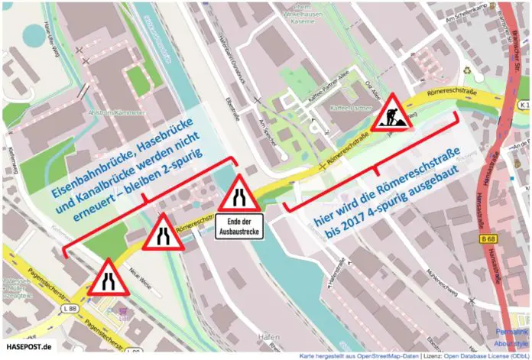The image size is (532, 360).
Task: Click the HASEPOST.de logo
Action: pyautogui.click(x=28, y=348)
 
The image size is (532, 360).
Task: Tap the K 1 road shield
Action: pyautogui.click(x=522, y=104)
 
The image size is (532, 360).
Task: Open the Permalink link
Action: pyautogui.click(x=511, y=333)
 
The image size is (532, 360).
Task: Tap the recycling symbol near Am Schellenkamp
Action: pyautogui.click(x=479, y=77)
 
